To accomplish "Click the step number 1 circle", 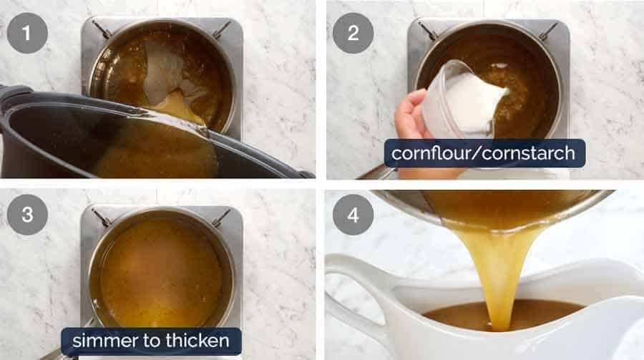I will pos(28,33).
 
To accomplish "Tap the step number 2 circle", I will pos(353,33).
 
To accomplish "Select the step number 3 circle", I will pos(28,215).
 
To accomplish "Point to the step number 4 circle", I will pos(353,215).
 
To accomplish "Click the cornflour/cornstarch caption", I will pos(484,153).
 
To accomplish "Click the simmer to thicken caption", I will pos(150,341).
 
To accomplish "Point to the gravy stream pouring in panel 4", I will pos(501,272).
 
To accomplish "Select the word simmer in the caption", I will pos(100,341).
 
